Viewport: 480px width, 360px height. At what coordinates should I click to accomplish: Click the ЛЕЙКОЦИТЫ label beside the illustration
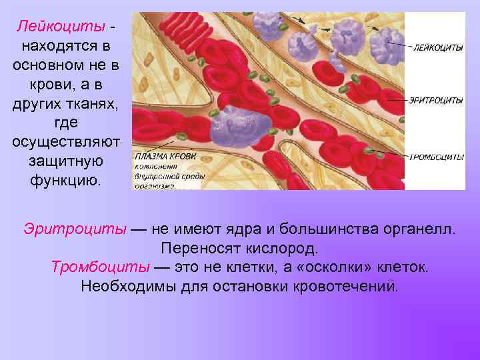click(x=438, y=48)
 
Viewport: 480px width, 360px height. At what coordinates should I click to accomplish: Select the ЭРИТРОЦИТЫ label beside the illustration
click(x=437, y=101)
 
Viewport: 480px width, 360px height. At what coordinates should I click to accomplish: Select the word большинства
click(x=319, y=230)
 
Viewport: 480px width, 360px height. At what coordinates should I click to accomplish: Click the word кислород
click(x=277, y=249)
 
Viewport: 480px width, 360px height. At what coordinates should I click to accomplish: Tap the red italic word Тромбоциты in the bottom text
click(x=100, y=267)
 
